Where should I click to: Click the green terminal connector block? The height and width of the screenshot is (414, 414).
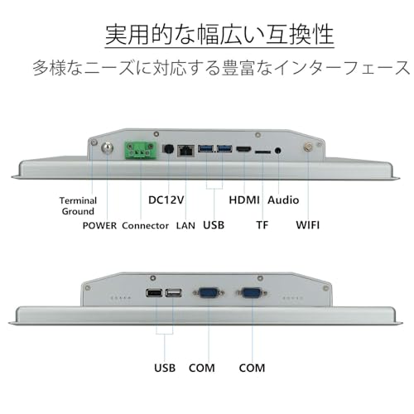pyautogui.click(x=141, y=150)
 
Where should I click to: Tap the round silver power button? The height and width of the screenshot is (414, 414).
pyautogui.click(x=107, y=149)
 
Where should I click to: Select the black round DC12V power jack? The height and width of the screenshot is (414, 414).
pyautogui.click(x=168, y=150)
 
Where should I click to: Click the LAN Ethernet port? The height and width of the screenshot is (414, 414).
pyautogui.click(x=185, y=151)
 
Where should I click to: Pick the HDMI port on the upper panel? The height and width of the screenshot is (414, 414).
pyautogui.click(x=243, y=150)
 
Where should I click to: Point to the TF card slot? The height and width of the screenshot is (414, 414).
pyautogui.click(x=262, y=152)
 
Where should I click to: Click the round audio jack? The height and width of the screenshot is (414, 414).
pyautogui.click(x=278, y=151)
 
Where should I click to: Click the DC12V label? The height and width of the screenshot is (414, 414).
pyautogui.click(x=166, y=200)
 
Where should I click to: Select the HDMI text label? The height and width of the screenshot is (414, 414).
pyautogui.click(x=244, y=200)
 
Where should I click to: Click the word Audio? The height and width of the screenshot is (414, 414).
pyautogui.click(x=283, y=200)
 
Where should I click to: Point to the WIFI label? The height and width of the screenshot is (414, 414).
pyautogui.click(x=308, y=225)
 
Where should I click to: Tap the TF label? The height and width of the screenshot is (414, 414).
pyautogui.click(x=262, y=225)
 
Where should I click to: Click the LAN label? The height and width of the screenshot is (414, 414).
pyautogui.click(x=185, y=225)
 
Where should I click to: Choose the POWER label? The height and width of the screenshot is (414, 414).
pyautogui.click(x=99, y=225)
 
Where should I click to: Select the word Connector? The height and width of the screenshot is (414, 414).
pyautogui.click(x=146, y=225)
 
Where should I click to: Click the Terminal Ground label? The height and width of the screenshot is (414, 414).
pyautogui.click(x=78, y=206)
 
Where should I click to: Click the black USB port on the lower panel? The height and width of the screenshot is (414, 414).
pyautogui.click(x=155, y=292)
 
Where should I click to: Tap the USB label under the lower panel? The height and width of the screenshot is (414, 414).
pyautogui.click(x=165, y=368)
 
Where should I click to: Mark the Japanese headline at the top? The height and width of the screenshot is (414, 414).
pyautogui.click(x=219, y=35)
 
